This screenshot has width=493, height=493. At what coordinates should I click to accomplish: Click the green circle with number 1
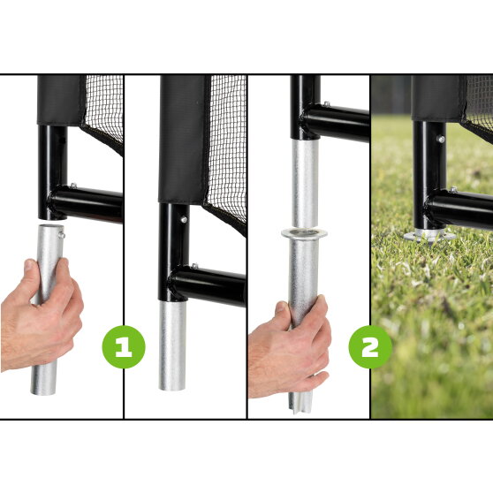pyautogui.click(x=123, y=347)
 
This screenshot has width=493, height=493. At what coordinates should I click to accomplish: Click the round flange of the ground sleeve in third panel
pyautogui.click(x=304, y=234)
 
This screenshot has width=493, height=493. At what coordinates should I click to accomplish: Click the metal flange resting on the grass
pyautogui.click(x=428, y=237)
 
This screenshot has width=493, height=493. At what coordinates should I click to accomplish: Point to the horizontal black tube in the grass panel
pyautogui.click(x=459, y=210)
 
